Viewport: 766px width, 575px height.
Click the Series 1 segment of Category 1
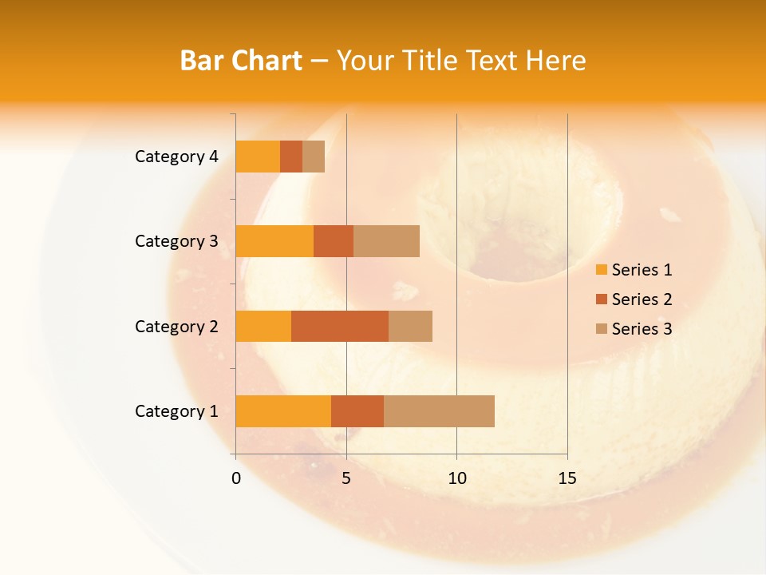pos(283,410)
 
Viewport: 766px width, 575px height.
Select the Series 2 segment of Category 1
pos(357,410)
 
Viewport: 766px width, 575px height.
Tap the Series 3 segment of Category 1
pos(439,410)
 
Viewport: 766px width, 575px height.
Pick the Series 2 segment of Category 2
pos(340,326)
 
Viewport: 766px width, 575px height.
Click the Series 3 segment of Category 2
pos(410,326)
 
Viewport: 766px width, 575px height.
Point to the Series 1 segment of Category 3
pos(274,241)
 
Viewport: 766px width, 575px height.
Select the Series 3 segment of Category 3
pos(386,241)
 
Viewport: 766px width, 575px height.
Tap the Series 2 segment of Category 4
pos(291,157)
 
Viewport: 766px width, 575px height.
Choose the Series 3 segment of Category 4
pos(314,157)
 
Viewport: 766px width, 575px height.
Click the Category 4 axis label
pos(176,157)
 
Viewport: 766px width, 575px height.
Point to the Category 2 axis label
pos(176,326)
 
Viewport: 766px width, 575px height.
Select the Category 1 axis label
pos(176,410)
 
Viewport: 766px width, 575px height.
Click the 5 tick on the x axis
pos(346,478)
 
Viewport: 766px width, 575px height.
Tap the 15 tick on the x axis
pos(567,478)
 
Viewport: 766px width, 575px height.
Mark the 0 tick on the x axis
pos(236,478)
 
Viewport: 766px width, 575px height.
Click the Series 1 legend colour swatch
pos(601,270)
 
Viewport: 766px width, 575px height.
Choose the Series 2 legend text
pos(642,299)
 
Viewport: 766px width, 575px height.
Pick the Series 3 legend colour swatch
pos(601,329)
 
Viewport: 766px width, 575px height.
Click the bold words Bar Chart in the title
pos(241,60)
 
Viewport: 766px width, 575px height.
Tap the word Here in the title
pos(557,60)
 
